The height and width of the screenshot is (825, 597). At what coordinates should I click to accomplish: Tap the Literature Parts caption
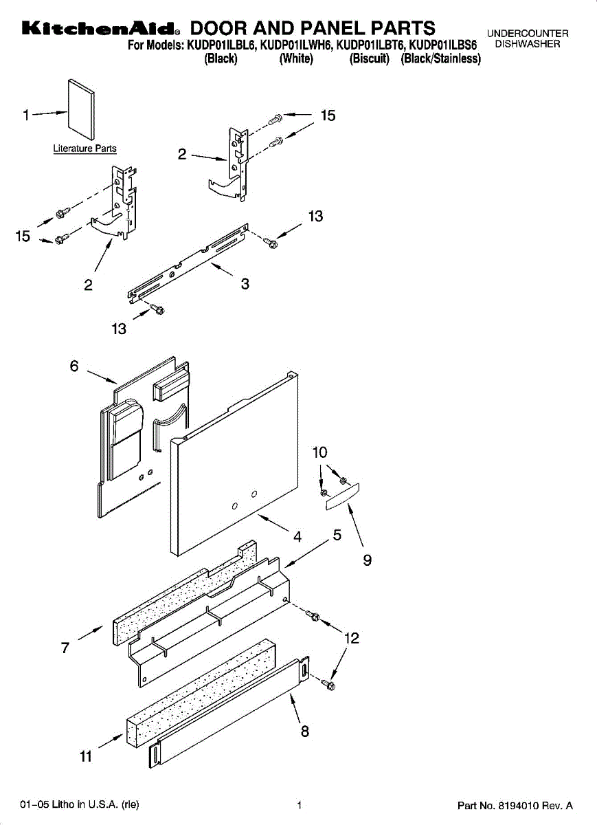[85, 148]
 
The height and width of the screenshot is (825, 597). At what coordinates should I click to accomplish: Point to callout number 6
[74, 366]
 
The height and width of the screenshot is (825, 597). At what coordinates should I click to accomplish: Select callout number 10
[320, 452]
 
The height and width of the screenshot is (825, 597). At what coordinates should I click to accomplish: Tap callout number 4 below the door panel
[297, 538]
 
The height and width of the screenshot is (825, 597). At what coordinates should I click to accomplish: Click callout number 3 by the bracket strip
[245, 283]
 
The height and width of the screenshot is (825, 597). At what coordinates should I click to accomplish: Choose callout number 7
[65, 647]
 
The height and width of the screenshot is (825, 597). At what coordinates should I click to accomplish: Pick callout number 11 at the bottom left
[85, 757]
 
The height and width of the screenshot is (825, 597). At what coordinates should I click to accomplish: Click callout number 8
[304, 731]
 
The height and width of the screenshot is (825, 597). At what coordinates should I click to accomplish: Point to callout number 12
[351, 638]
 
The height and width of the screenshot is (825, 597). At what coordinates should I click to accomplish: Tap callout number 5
[337, 535]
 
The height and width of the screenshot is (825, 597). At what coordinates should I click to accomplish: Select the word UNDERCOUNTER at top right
[528, 34]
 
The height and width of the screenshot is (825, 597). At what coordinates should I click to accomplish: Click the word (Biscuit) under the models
[370, 59]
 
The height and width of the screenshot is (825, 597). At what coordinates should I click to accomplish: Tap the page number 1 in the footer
[300, 805]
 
